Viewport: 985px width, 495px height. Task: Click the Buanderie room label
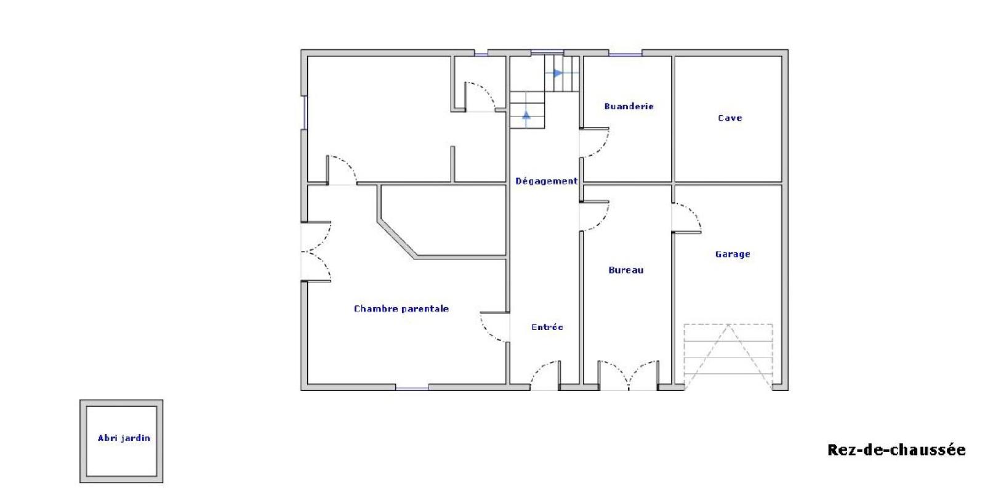[629, 107]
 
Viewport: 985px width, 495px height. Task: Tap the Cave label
[730, 118]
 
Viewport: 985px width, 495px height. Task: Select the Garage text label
[733, 254]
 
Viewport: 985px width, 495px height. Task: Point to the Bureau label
[625, 270]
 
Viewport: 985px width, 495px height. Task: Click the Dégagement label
[546, 181]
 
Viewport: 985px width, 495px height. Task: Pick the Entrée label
[547, 327]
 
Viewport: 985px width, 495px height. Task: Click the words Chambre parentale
[401, 308]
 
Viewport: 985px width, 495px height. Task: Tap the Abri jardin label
[124, 438]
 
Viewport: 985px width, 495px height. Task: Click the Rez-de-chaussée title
[896, 449]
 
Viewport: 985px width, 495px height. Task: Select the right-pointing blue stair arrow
[558, 73]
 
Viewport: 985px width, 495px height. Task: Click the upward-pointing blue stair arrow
[526, 115]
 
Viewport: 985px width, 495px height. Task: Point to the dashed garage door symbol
[728, 356]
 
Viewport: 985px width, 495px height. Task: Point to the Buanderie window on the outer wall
[625, 55]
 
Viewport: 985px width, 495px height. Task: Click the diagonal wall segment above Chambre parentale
[397, 239]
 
